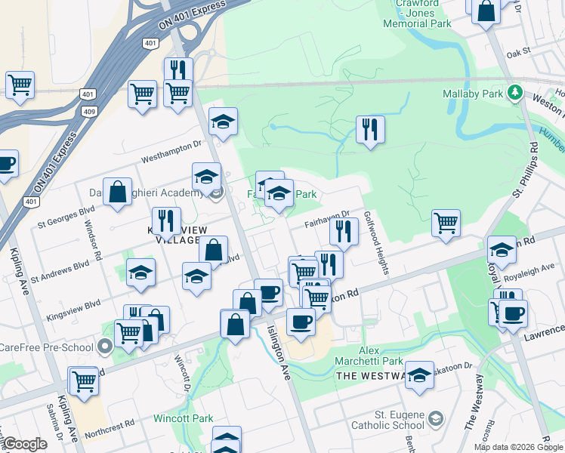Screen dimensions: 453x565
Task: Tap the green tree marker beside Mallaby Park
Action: (516, 92)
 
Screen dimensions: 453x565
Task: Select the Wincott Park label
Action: (184, 418)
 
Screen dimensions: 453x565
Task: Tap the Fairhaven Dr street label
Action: (327, 218)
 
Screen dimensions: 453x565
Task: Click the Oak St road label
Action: (520, 54)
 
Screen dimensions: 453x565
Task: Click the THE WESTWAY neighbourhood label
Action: (372, 375)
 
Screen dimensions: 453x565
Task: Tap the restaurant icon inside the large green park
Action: (370, 130)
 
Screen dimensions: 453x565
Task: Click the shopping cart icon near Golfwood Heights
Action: (446, 223)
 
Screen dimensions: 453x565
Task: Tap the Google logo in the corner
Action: (24, 444)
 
